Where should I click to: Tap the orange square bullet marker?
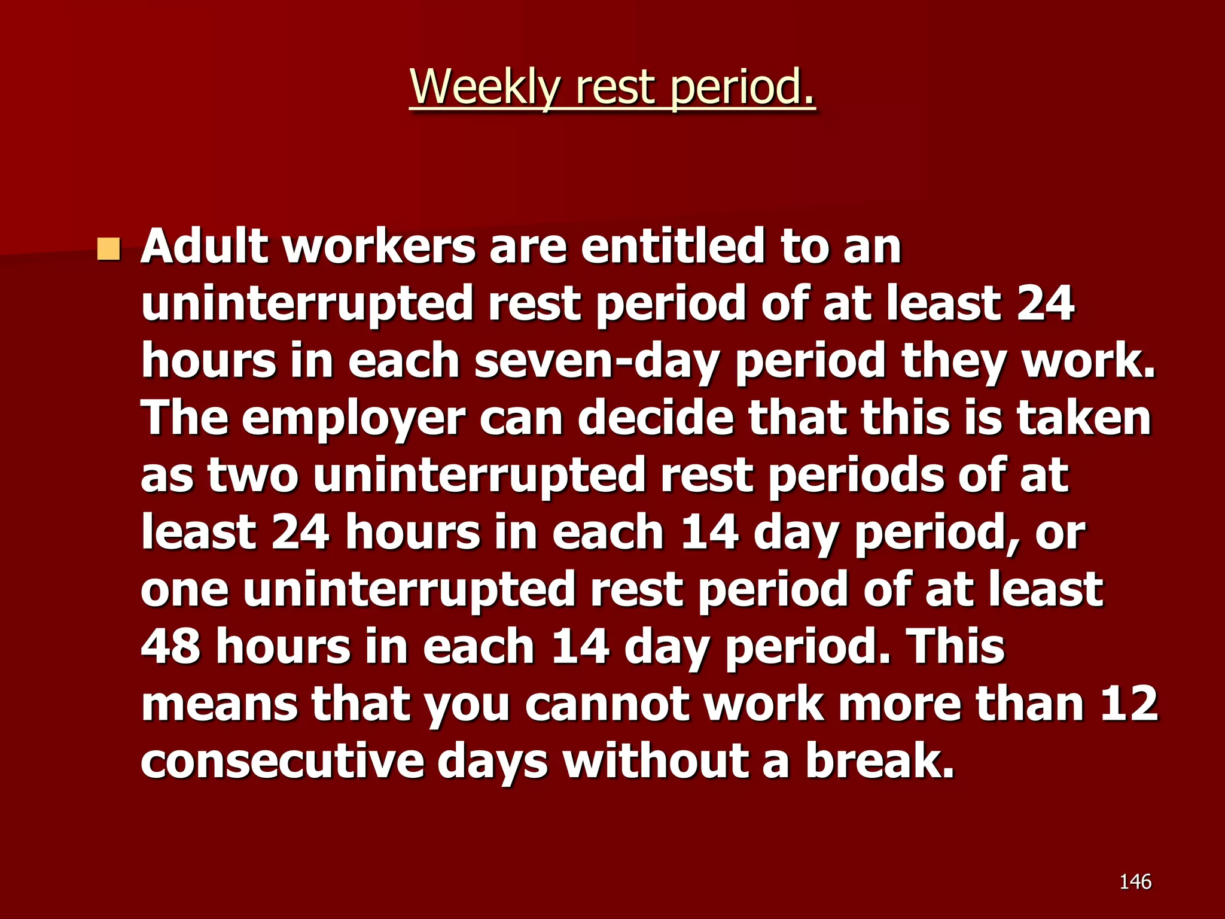coord(108,249)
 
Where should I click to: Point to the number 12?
coord(1128,704)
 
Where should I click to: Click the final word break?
coord(879,761)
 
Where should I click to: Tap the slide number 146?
coord(1135,881)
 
